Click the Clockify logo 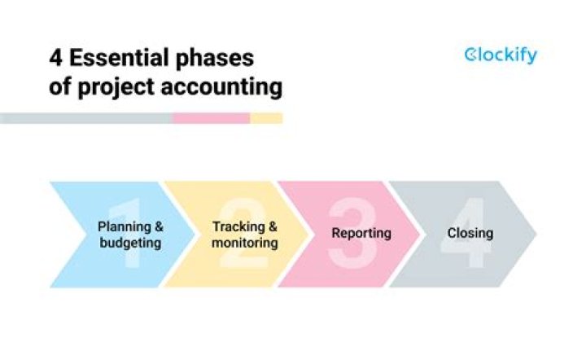500,55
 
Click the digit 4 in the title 55,59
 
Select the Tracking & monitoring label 245,235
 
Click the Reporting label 361,233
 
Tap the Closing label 470,233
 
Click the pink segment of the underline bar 211,118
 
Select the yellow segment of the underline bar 266,118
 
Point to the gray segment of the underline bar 85,118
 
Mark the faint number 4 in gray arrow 464,234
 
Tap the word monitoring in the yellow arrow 245,243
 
